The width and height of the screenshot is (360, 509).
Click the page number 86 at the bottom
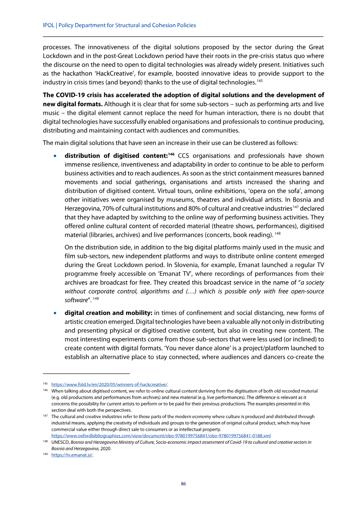point(183,484)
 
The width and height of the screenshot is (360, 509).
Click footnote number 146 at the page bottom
point(45,391)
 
